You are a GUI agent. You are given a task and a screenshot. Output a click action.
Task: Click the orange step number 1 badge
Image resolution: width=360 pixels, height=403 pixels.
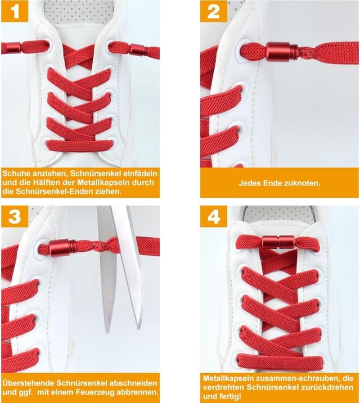(15, 11)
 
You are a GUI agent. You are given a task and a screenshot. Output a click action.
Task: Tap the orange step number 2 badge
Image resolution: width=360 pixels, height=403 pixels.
(214, 11)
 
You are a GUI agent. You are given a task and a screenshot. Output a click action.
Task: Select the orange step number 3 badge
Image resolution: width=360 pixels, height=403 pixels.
(15, 216)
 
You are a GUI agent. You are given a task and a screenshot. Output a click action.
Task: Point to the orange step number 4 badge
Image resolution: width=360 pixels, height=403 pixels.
(214, 216)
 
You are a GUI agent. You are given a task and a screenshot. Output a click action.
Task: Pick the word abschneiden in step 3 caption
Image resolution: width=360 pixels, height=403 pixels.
(133, 383)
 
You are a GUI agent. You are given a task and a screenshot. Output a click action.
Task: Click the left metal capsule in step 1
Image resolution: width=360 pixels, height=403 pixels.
(13, 48)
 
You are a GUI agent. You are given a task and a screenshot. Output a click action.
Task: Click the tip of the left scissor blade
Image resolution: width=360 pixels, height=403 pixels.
(108, 333)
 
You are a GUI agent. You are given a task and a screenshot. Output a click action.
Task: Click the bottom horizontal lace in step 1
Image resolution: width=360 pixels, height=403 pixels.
(80, 146)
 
